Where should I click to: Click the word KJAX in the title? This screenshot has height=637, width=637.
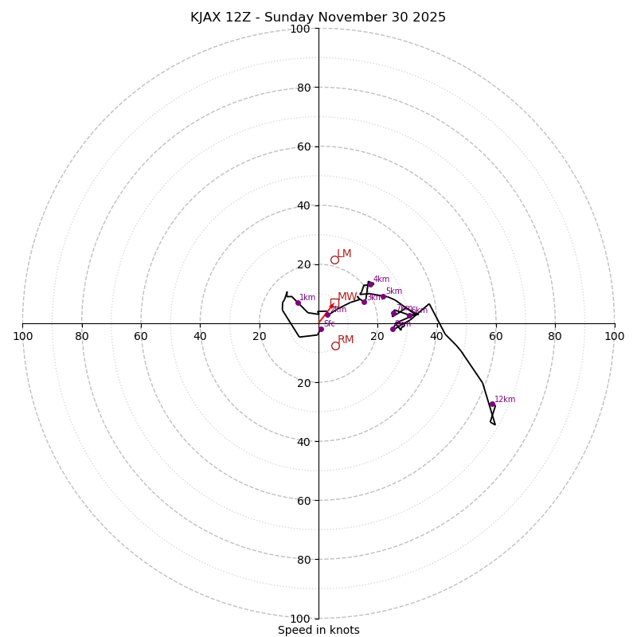click(206, 18)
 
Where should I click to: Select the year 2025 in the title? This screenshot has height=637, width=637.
click(428, 18)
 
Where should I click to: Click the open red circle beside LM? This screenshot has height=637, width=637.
click(334, 260)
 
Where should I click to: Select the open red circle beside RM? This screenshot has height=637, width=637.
click(335, 346)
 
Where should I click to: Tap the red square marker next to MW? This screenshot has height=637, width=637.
click(334, 303)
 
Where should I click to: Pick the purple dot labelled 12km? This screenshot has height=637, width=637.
click(492, 404)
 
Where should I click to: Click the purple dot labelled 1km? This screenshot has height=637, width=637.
click(298, 303)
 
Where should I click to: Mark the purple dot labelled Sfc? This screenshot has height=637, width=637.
click(321, 329)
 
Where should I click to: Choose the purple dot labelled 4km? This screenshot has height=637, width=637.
click(370, 284)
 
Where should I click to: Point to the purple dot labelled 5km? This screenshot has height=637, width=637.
click(383, 296)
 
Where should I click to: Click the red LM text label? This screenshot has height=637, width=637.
click(344, 254)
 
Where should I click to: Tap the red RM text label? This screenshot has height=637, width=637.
click(346, 340)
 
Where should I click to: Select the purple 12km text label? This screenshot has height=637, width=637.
click(505, 400)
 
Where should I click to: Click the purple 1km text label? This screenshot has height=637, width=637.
click(307, 298)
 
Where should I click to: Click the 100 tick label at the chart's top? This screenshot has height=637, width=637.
click(300, 29)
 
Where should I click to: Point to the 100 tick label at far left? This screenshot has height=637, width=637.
click(22, 336)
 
